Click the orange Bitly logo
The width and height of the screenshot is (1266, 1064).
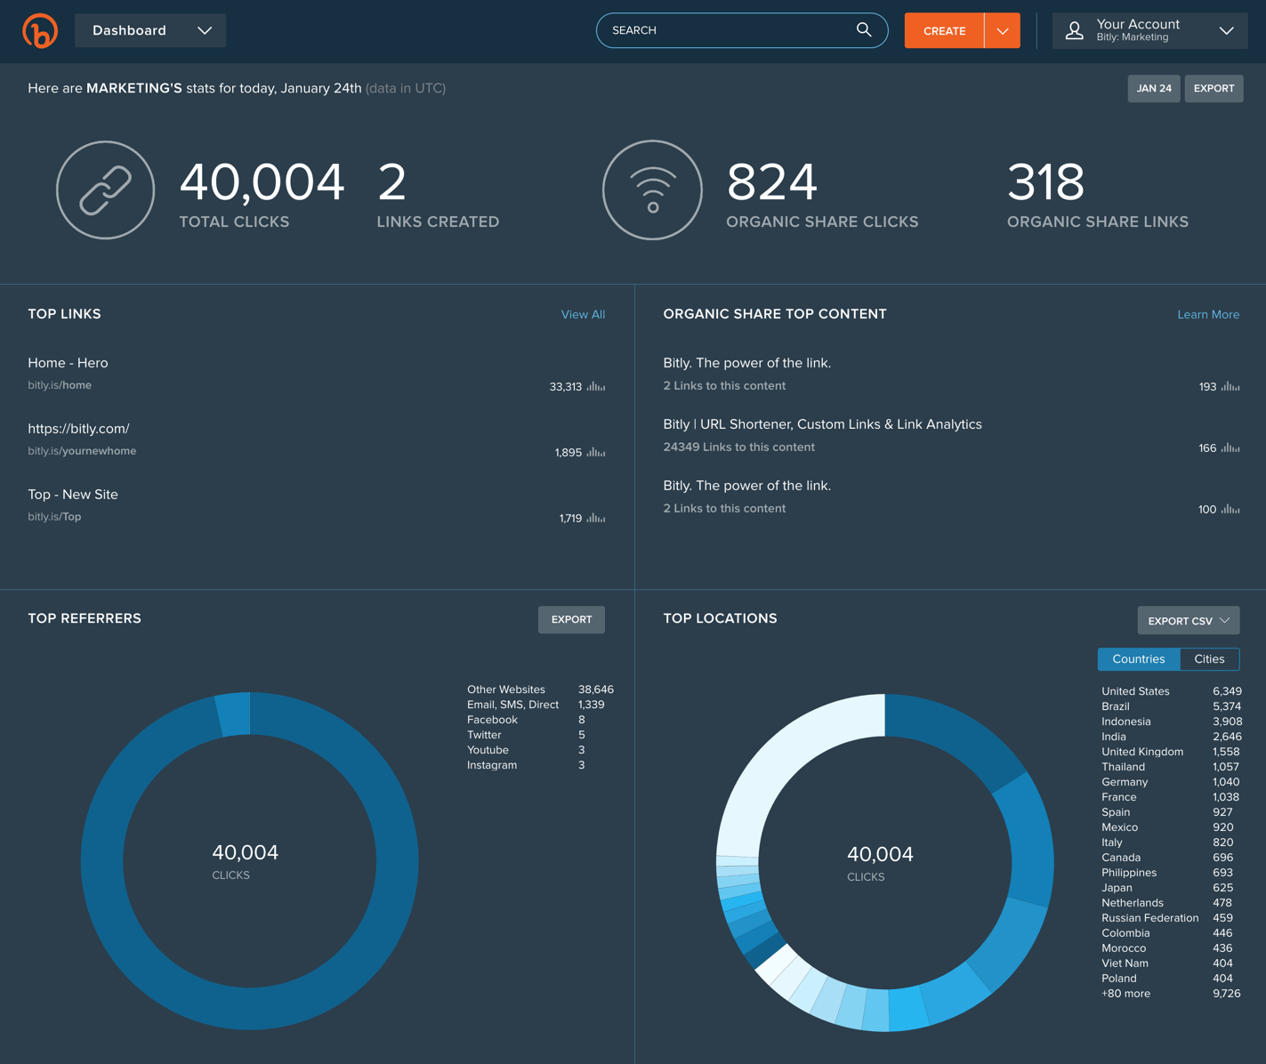(x=40, y=31)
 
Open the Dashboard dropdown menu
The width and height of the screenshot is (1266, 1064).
(x=150, y=30)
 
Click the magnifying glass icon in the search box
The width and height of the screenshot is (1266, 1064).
(x=863, y=30)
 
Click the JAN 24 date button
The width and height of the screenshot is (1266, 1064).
(x=1153, y=88)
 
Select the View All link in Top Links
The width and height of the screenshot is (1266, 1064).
(x=583, y=315)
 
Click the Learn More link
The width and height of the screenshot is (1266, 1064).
(x=1207, y=315)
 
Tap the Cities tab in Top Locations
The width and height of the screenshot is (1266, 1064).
(x=1208, y=659)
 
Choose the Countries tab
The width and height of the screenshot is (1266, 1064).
(x=1138, y=659)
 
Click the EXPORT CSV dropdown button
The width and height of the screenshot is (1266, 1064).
(x=1188, y=621)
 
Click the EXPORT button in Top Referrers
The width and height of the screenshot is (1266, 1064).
(x=571, y=620)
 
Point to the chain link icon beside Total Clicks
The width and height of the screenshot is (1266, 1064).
(x=106, y=190)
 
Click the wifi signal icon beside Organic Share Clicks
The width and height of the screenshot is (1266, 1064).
(x=652, y=190)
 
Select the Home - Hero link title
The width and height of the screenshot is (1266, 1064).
(x=68, y=363)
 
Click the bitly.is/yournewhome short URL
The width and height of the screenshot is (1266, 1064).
(x=82, y=451)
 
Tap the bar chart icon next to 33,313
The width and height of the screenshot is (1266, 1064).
(x=596, y=387)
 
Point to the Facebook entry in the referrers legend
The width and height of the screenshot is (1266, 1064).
(x=492, y=720)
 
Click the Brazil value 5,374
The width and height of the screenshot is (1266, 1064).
(x=1226, y=706)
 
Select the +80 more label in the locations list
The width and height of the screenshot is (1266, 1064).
(x=1125, y=994)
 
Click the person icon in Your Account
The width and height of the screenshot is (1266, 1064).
(x=1075, y=31)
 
